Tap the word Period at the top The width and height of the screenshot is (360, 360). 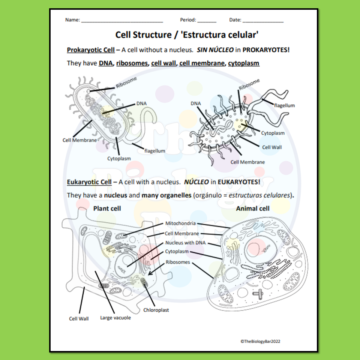pos(188,20)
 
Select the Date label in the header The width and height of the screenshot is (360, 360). pos(235,20)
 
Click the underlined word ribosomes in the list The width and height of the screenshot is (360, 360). pos(132,63)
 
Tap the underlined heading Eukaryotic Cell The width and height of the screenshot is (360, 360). pos(89,182)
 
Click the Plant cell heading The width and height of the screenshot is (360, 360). pos(107,208)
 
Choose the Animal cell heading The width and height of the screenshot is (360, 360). pos(252,208)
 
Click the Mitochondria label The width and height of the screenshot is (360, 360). pos(180,223)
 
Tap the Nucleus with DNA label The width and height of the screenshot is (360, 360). pos(185,243)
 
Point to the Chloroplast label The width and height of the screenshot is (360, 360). pos(156,310)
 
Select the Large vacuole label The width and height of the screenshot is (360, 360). pos(115,318)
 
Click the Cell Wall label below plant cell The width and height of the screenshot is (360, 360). pos(79,319)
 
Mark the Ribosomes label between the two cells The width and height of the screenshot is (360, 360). pos(178,262)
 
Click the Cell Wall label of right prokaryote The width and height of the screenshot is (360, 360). pos(272,147)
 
